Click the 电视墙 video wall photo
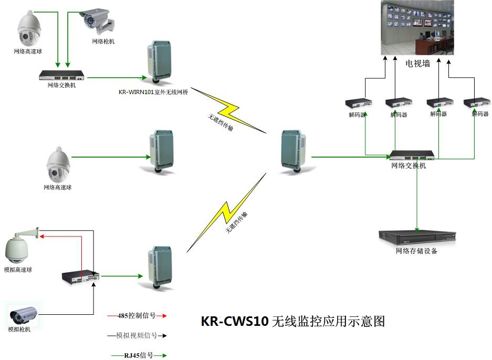[417, 28]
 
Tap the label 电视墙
[417, 64]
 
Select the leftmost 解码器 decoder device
[359, 103]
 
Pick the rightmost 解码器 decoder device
[477, 103]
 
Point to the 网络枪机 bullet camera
[97, 20]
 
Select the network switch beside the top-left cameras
[62, 76]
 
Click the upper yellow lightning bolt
[228, 110]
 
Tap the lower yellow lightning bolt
[226, 212]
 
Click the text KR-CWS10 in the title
[235, 321]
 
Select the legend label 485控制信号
[137, 315]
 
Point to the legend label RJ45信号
[139, 355]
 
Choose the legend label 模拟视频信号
[137, 335]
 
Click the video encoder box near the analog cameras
[81, 277]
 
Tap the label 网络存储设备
[416, 251]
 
